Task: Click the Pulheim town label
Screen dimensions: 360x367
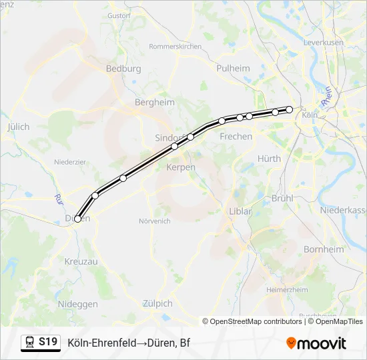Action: point(233,68)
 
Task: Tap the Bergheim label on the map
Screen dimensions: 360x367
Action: point(154,103)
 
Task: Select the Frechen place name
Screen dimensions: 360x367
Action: point(236,137)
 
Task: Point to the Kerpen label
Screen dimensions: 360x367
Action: point(181,167)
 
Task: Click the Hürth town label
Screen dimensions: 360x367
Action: point(269,159)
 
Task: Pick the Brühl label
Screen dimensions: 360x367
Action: point(283,199)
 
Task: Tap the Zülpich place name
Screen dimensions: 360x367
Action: point(157,303)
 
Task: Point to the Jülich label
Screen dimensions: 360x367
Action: point(18,125)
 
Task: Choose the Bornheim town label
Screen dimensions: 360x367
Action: point(324,249)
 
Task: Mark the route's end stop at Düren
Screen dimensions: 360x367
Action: point(78,219)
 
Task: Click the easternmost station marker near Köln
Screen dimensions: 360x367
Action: point(290,109)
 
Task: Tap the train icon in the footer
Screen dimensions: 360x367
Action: point(29,343)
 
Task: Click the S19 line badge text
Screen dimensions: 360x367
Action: point(47,343)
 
